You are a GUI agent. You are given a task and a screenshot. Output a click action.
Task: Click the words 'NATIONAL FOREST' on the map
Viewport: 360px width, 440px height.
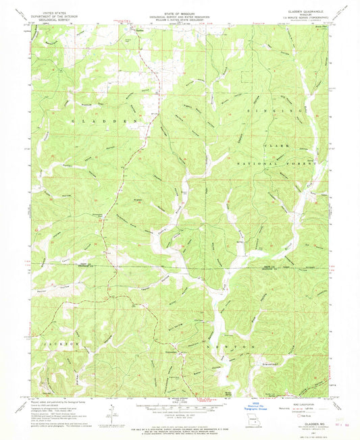point(278,164)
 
